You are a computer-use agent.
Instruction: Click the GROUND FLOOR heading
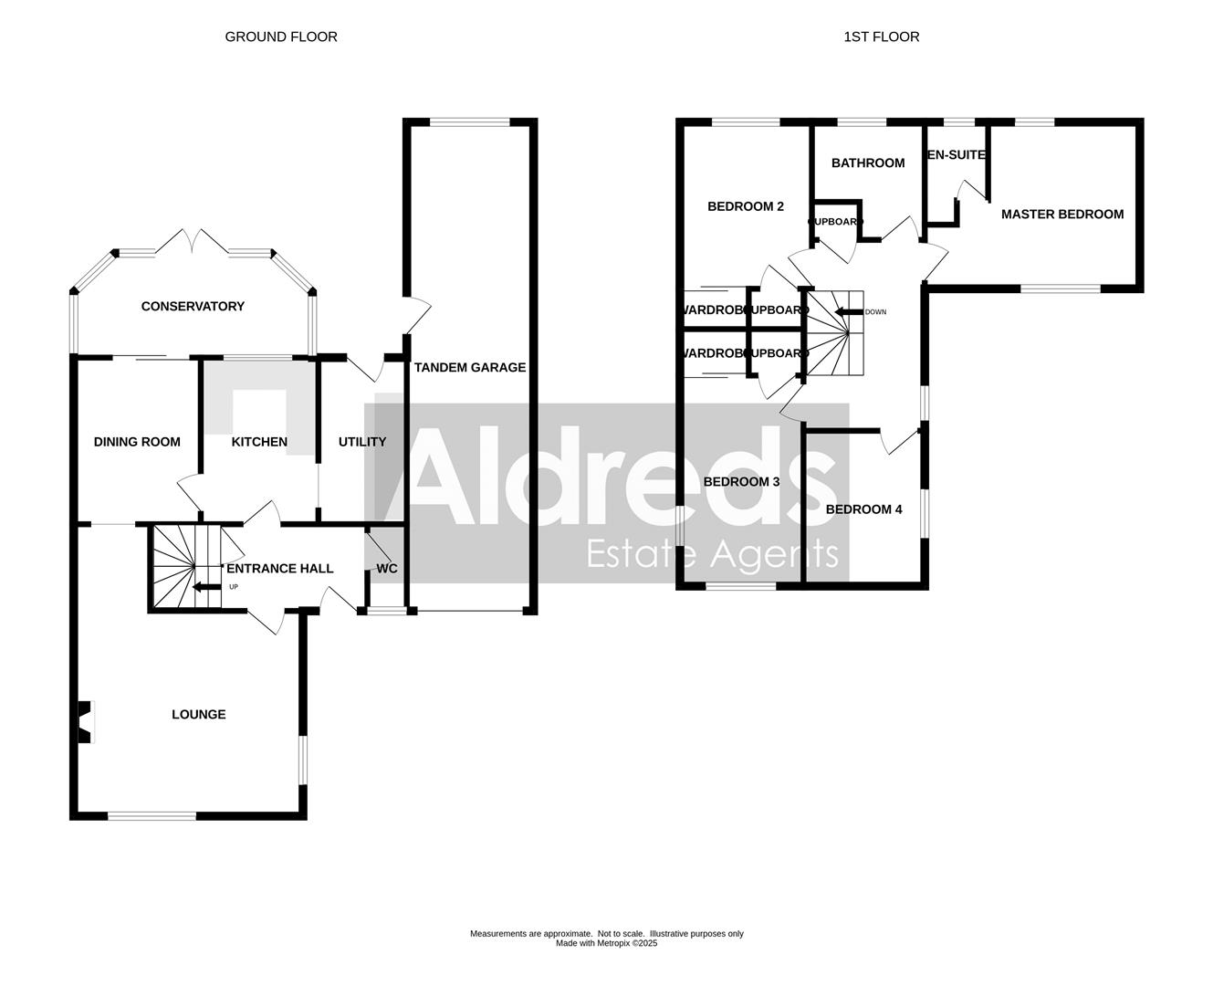[281, 37]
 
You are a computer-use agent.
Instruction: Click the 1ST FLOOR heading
[881, 37]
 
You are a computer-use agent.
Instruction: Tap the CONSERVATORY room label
[193, 307]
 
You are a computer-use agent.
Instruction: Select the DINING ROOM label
[137, 442]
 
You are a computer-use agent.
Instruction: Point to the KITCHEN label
[259, 442]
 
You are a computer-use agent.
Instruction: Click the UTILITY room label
[362, 442]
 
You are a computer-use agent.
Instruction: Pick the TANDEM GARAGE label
[470, 368]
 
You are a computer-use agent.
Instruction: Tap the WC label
[387, 569]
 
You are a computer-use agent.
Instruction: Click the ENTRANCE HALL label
[280, 569]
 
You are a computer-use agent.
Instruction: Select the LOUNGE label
[198, 715]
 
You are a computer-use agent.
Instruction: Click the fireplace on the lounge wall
[86, 721]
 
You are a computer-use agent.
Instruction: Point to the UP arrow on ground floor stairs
[206, 588]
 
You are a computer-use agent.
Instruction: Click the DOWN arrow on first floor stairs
[850, 312]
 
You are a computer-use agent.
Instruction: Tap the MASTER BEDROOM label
[1062, 215]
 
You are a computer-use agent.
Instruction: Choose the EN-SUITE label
[957, 155]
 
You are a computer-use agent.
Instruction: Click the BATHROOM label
[868, 163]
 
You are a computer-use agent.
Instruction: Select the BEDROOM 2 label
[746, 207]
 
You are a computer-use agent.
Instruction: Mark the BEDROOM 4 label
[863, 509]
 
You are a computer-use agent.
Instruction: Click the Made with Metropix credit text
[606, 944]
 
